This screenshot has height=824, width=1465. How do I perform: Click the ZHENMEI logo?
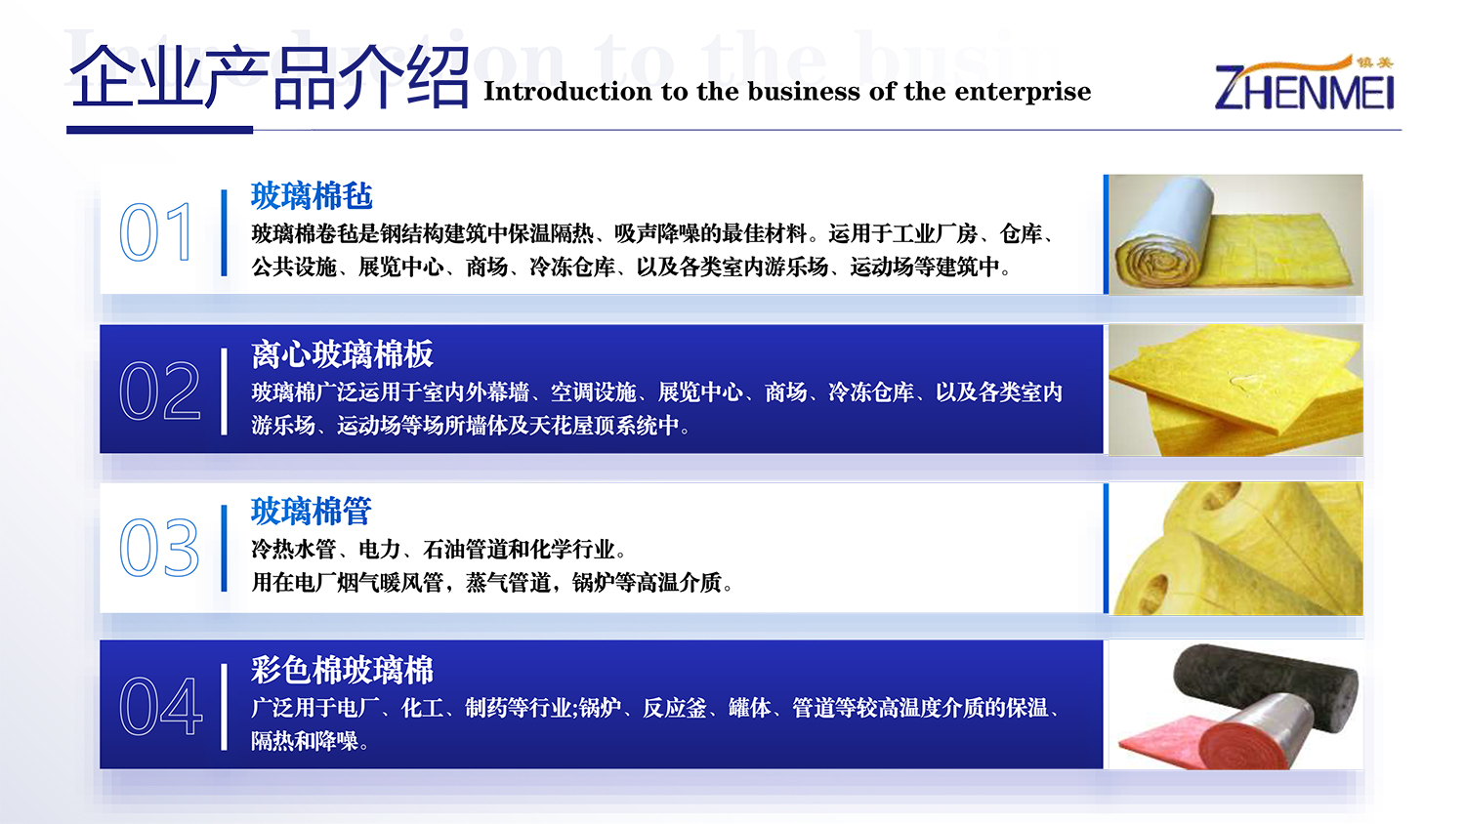point(1304,83)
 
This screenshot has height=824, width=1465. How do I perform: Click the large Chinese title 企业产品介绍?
point(269,76)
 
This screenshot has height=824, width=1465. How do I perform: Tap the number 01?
point(155,231)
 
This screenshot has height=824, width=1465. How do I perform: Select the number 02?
point(159,391)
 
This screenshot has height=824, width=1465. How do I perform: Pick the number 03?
point(159,548)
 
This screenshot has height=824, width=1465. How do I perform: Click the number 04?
point(161,706)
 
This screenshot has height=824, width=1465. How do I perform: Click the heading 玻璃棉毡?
point(312,195)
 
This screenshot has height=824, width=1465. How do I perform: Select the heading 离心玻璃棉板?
point(342,353)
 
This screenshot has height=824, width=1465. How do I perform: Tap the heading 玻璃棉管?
point(312,511)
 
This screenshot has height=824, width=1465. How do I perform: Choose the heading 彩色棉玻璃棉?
point(342,670)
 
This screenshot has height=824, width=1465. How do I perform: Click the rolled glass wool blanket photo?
point(1235,234)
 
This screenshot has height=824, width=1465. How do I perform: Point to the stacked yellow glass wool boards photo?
point(1235,391)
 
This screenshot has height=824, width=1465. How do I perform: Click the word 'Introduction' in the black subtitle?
point(567,91)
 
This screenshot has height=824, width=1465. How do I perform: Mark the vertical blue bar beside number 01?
point(225,232)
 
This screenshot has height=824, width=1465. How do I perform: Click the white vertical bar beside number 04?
point(225,707)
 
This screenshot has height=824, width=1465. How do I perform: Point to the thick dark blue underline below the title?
point(159,130)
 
